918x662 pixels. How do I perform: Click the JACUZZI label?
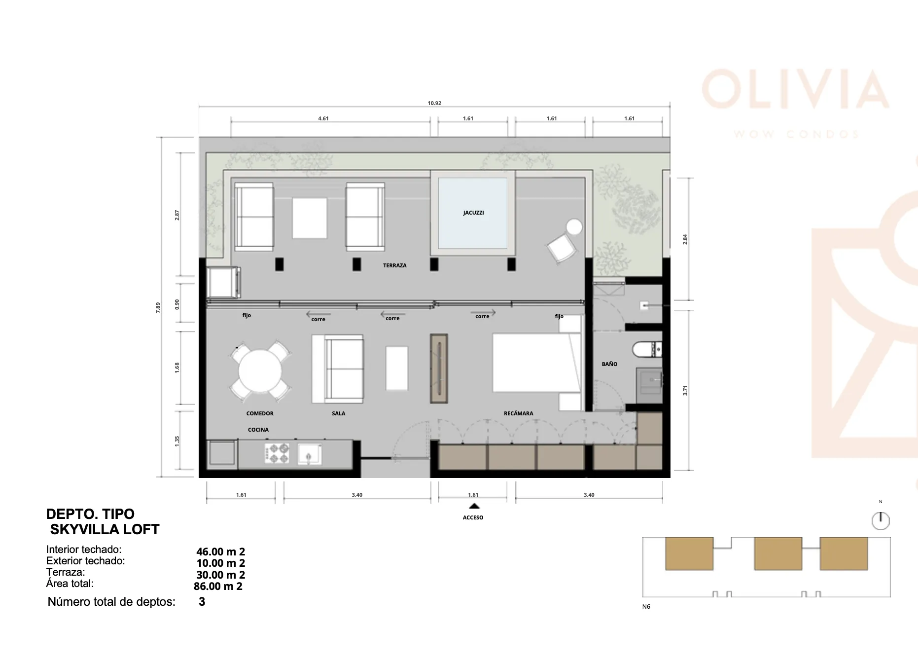click(473, 213)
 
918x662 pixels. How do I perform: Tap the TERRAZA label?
click(395, 265)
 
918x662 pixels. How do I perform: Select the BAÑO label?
click(609, 364)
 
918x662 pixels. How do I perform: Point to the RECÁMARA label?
click(518, 413)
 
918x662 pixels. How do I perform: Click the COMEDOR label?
click(260, 413)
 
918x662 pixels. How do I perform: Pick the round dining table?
click(260, 371)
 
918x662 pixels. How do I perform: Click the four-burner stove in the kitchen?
click(277, 453)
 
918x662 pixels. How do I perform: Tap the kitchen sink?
click(310, 453)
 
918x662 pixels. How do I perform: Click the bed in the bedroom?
click(536, 363)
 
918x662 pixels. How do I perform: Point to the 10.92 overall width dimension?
click(434, 103)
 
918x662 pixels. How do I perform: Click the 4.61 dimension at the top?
click(323, 118)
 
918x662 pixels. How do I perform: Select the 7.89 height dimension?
click(158, 307)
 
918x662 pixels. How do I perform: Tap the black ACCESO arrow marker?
click(474, 506)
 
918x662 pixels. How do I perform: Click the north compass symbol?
click(881, 520)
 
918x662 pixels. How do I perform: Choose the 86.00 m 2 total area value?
click(218, 587)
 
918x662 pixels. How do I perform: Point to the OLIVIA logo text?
click(795, 89)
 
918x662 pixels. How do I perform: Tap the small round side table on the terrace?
click(574, 227)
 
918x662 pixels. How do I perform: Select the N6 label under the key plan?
click(646, 606)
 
